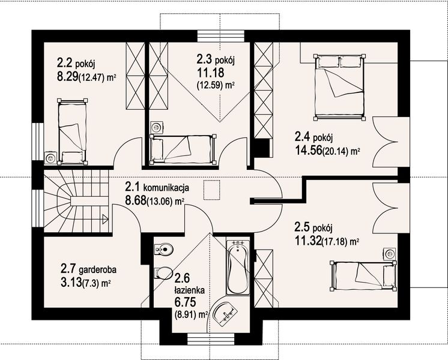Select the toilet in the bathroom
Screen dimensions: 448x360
click(162, 273)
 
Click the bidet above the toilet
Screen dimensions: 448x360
click(163, 249)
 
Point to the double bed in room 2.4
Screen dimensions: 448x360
click(339, 88)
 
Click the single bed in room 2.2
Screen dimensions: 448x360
click(72, 131)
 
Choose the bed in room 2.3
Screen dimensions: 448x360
click(183, 149)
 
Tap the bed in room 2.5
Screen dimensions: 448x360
click(363, 276)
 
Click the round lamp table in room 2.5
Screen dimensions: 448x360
click(389, 254)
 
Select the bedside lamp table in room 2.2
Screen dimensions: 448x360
click(50, 157)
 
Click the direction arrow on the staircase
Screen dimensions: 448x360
click(105, 219)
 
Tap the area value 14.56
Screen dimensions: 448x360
click(308, 151)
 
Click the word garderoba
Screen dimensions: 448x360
click(98, 269)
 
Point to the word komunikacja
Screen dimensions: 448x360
click(166, 188)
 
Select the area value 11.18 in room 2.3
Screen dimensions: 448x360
click(210, 73)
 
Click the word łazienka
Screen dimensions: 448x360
click(190, 290)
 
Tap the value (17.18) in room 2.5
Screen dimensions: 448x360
click(334, 242)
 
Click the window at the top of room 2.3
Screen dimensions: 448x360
click(221, 36)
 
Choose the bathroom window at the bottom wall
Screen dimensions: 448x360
click(211, 339)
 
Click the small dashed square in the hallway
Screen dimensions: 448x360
click(212, 190)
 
